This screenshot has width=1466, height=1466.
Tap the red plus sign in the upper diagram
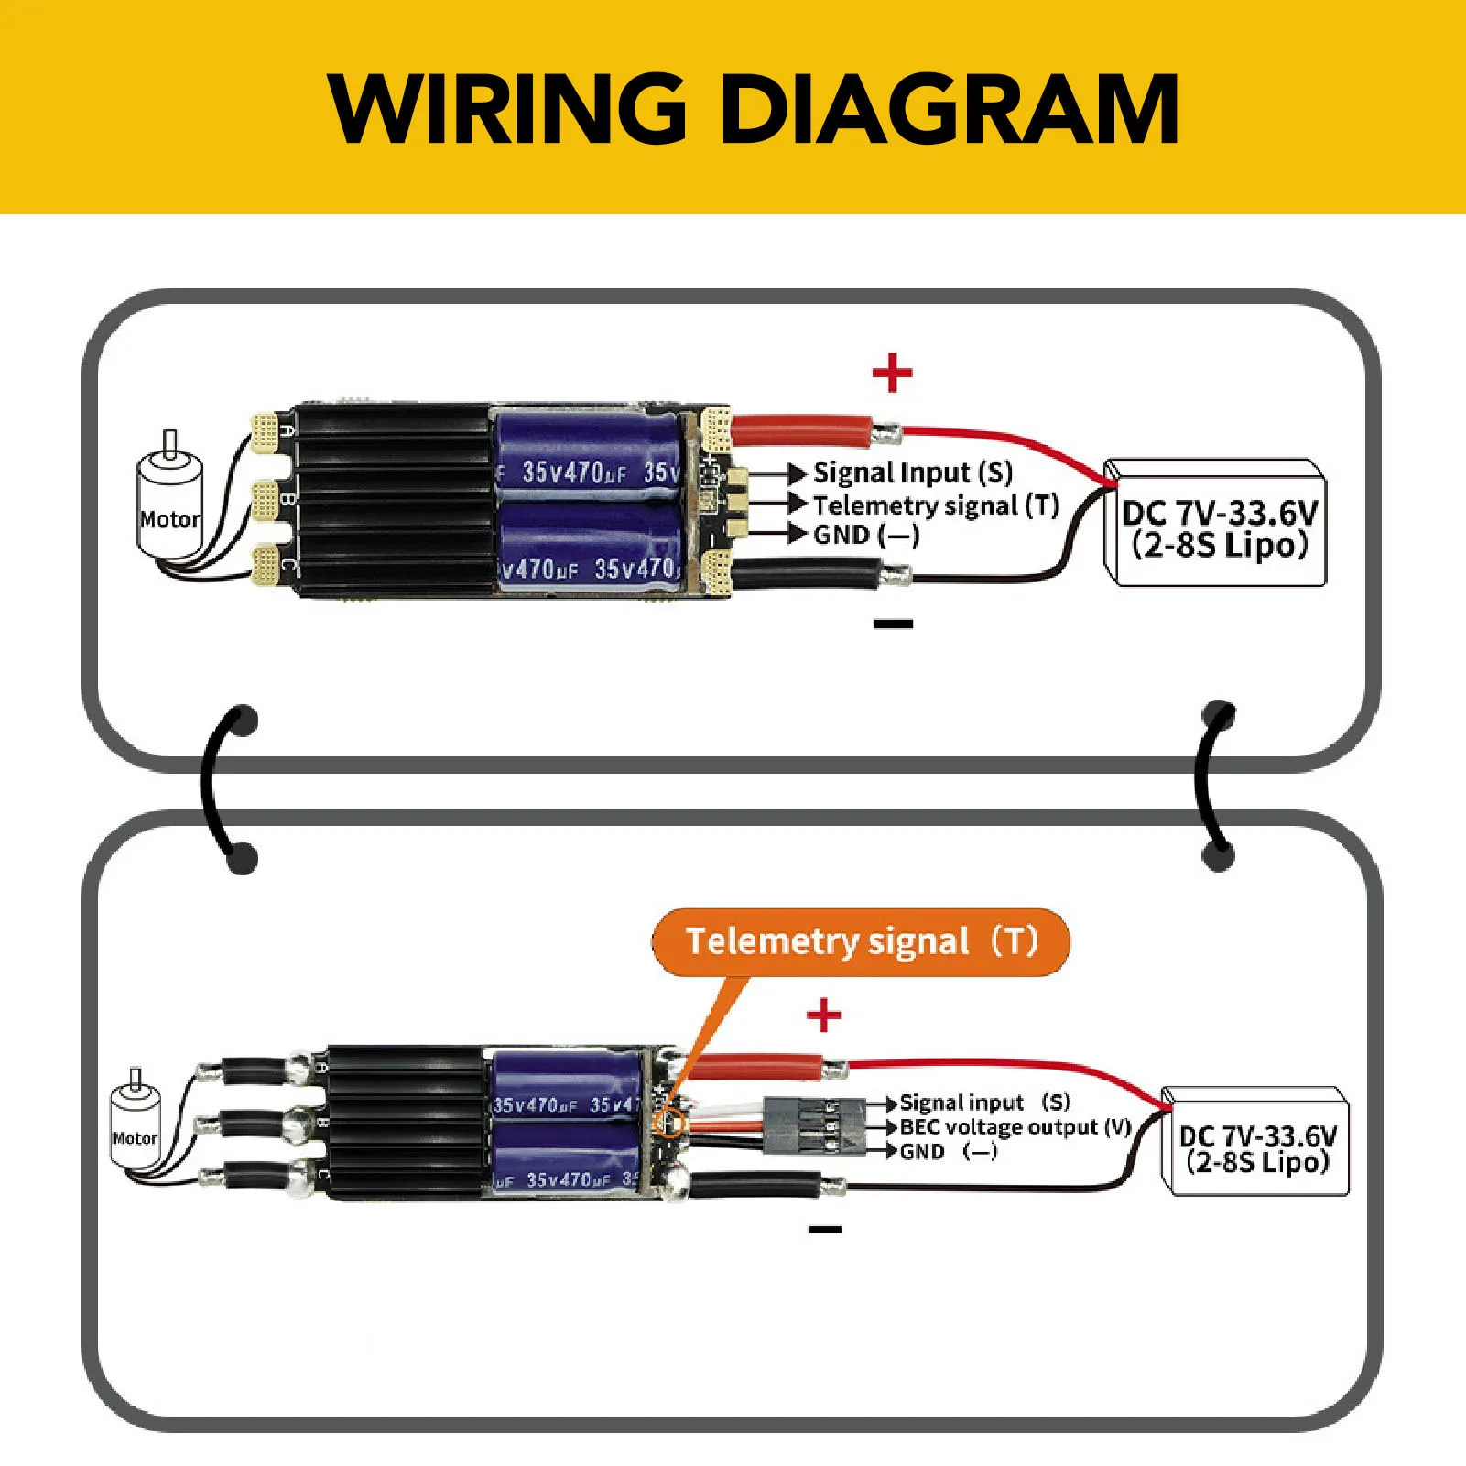tap(892, 373)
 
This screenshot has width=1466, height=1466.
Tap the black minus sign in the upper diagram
tap(893, 624)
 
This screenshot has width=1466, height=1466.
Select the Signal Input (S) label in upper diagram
tap(912, 473)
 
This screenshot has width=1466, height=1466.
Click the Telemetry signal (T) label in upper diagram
tap(935, 505)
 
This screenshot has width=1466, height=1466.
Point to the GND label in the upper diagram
tap(865, 534)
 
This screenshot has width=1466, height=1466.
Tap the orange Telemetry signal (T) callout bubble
tap(861, 941)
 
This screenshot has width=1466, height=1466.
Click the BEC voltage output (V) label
tap(1015, 1127)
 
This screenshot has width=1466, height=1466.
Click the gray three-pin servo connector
tap(814, 1126)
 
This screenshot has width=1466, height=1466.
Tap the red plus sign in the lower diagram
tap(823, 1015)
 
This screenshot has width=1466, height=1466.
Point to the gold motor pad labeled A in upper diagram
tap(265, 433)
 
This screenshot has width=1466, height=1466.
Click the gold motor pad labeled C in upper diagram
tap(265, 566)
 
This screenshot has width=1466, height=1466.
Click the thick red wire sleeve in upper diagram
tap(801, 429)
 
